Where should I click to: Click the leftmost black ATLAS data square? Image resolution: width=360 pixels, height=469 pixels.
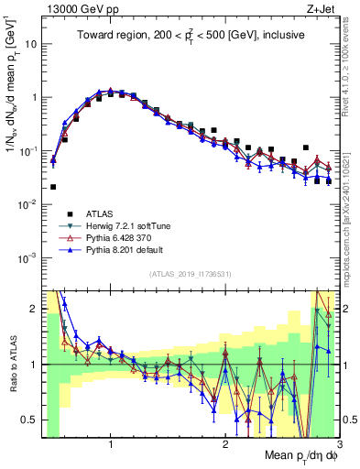(53, 187)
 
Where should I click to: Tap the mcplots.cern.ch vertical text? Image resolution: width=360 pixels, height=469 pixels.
(351, 211)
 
